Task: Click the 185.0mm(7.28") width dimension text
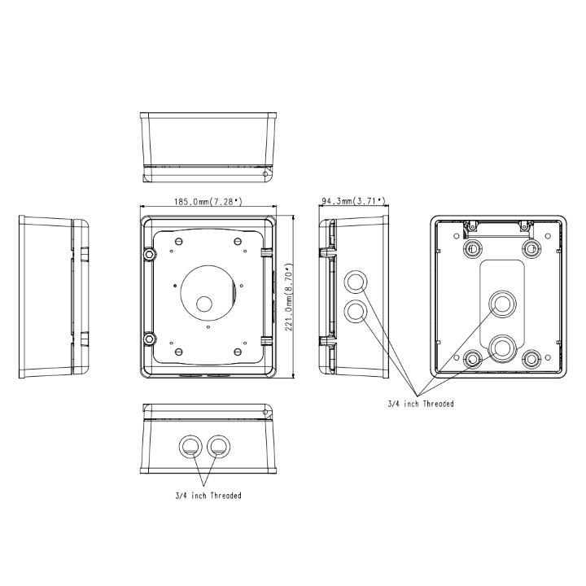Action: click(208, 202)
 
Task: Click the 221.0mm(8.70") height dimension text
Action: click(289, 297)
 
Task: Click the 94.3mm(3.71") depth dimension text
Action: click(353, 202)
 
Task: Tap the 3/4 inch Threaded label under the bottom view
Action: click(208, 496)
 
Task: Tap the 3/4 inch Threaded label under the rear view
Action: click(421, 404)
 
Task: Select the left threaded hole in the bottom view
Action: click(190, 445)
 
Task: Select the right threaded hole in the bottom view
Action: click(219, 445)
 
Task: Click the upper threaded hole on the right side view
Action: click(356, 282)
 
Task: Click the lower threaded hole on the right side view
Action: click(356, 311)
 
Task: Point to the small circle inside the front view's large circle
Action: click(204, 304)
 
